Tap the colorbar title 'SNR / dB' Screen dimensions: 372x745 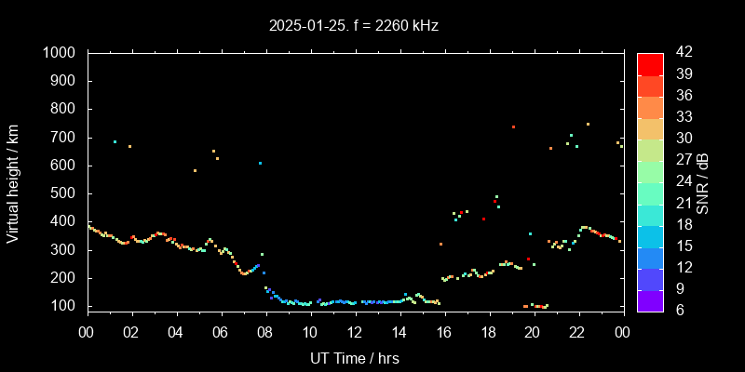point(701,181)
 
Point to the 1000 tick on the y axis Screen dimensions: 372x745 point(66,53)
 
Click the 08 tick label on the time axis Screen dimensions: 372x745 point(265,333)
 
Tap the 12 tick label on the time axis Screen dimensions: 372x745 point(355,333)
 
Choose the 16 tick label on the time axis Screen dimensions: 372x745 point(443,333)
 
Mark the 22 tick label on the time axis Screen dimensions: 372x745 point(577,333)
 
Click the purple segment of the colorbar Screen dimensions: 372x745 point(650,300)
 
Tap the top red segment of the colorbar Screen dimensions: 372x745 point(650,64)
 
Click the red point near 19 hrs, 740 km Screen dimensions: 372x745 point(513,126)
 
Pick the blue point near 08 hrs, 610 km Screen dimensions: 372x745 point(260,163)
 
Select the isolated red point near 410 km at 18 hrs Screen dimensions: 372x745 point(483,219)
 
